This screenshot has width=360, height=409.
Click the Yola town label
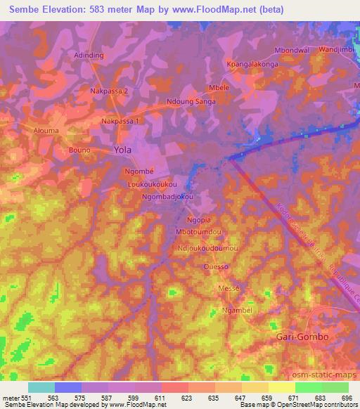[x=122, y=150]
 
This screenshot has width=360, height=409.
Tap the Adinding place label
[x=89, y=54]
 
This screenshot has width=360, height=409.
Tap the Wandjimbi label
[x=337, y=51]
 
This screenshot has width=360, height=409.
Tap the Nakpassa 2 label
[x=110, y=91]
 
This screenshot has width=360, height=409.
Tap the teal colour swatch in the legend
[x=41, y=387]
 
